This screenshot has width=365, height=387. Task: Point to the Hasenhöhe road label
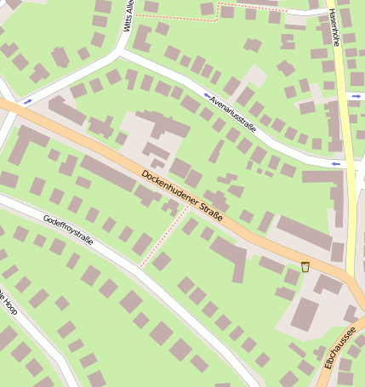click(333, 27)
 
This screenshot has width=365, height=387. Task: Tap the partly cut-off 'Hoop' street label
click(9, 311)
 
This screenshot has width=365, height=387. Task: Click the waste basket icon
click(305, 267)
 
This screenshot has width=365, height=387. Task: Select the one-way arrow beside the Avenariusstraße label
click(207, 95)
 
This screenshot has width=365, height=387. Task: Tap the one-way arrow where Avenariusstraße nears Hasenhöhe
click(335, 163)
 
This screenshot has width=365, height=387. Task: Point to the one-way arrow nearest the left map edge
click(28, 102)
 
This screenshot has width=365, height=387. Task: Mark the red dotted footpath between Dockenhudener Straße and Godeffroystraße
click(164, 236)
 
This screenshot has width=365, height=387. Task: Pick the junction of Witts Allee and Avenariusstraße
click(119, 51)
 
